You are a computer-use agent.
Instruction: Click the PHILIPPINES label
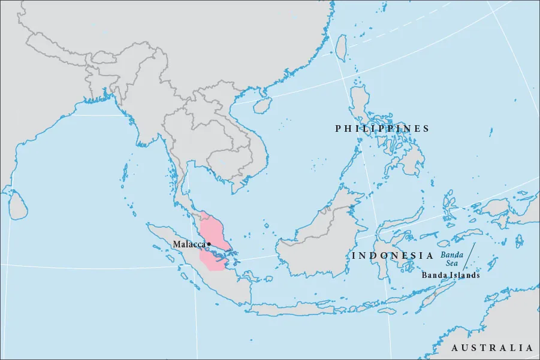tap(382, 129)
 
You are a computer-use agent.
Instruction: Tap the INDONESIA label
tap(393, 256)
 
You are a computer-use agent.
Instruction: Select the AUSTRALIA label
tap(491, 348)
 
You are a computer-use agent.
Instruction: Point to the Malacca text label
tap(189, 244)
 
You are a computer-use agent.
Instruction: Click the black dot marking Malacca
tap(209, 244)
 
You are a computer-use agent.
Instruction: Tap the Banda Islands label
tap(451, 276)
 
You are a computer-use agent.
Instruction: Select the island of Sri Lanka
tap(19, 204)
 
